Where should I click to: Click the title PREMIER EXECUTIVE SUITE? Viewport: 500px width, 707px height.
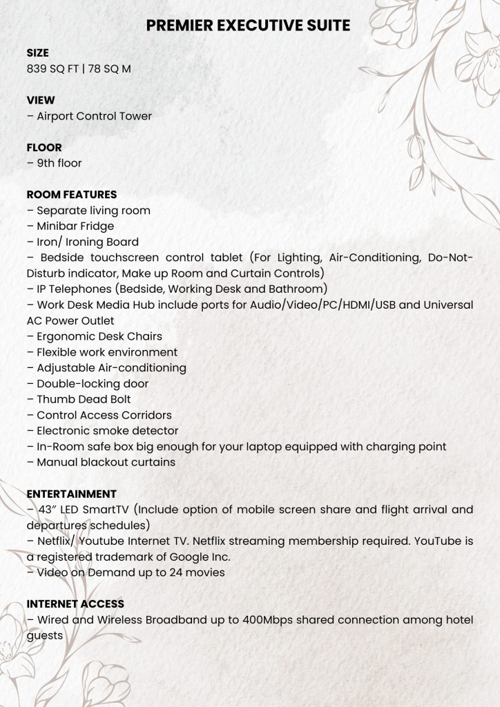(249, 26)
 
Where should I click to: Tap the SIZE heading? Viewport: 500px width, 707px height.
(37, 53)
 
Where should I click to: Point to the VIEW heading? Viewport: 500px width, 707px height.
(40, 100)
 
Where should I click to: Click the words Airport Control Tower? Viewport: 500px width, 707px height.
(94, 116)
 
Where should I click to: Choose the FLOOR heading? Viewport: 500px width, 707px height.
(44, 147)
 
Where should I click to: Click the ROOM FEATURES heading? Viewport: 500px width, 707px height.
(72, 195)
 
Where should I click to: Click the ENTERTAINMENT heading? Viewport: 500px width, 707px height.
(71, 494)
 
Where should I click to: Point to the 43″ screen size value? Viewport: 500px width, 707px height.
(47, 510)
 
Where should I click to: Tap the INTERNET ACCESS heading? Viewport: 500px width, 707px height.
(75, 603)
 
